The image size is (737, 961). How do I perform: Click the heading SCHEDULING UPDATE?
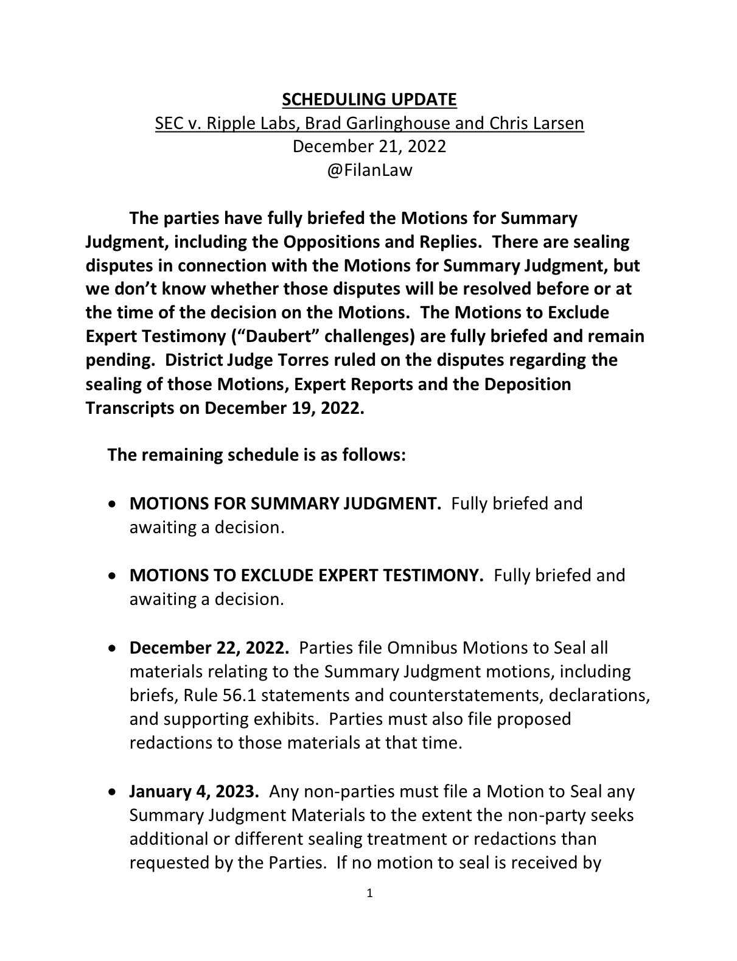click(x=369, y=99)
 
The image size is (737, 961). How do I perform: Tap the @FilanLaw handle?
click(x=369, y=170)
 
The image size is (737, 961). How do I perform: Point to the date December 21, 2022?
click(x=369, y=147)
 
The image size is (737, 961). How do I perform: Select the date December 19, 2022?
click(x=284, y=408)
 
